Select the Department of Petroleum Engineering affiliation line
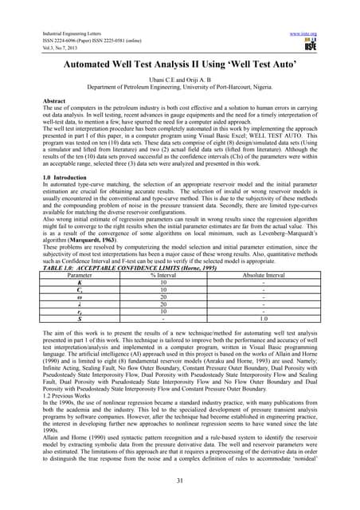coord(179,90)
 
